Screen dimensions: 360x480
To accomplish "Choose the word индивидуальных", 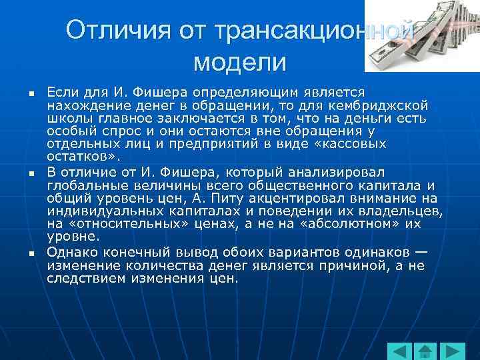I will (x=101, y=211).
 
